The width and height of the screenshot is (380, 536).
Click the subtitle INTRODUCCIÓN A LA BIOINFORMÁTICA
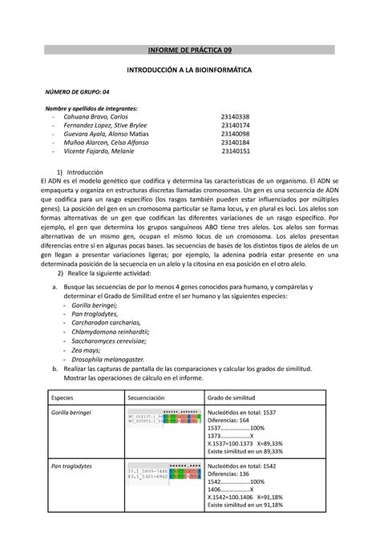[x=190, y=71]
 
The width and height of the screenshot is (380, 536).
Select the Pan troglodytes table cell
[x=68, y=467]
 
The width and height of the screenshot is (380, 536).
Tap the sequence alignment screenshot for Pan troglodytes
[x=159, y=473]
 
